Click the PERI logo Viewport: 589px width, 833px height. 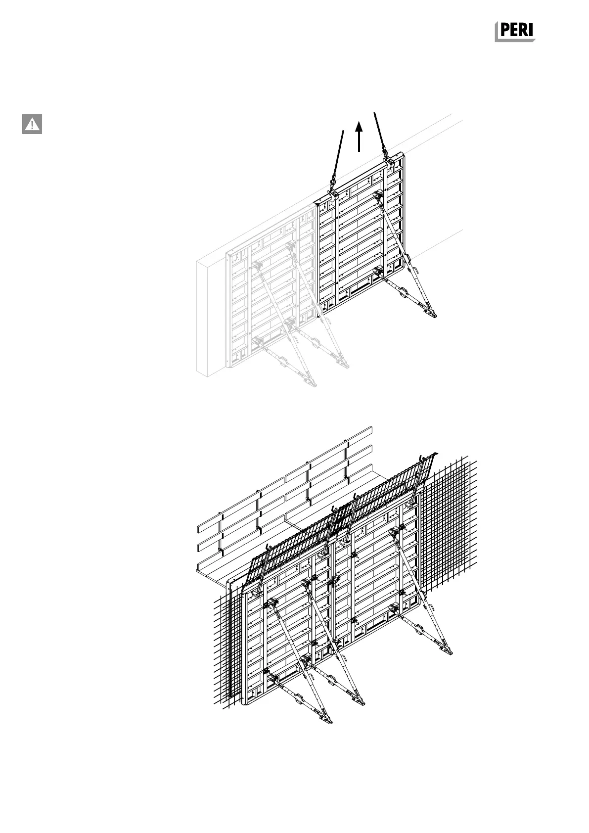pos(515,32)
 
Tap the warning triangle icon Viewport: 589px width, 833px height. pos(32,124)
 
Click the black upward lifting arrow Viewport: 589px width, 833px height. pos(360,137)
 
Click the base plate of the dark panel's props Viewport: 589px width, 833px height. pos(428,312)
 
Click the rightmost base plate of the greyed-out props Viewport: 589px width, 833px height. pos(342,365)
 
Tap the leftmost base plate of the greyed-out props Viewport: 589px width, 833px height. pos(310,382)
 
